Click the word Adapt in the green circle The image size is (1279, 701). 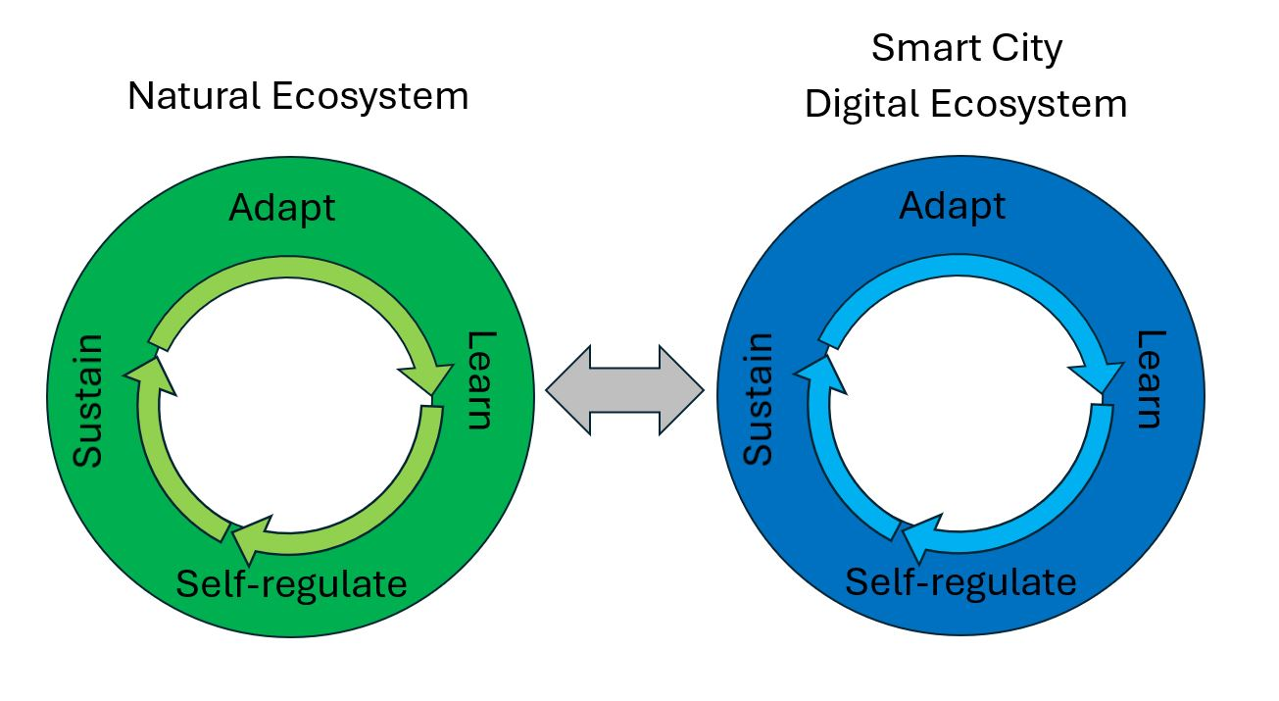[281, 208]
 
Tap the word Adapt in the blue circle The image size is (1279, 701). [952, 206]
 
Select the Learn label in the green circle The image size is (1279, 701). [477, 379]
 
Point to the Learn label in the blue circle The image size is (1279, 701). [1149, 378]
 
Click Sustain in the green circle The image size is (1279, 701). [89, 401]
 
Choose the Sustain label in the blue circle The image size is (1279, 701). [759, 398]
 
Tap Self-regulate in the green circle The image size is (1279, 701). [291, 583]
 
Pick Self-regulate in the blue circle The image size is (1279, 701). [960, 582]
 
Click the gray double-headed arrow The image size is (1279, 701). [624, 389]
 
